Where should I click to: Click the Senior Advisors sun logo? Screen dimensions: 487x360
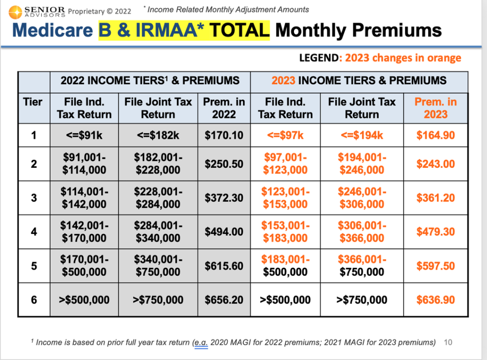coord(15,12)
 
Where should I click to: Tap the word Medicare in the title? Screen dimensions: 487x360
coord(52,30)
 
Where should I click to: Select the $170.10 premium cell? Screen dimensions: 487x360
coord(224,135)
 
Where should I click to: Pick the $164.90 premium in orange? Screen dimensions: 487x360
coord(436,135)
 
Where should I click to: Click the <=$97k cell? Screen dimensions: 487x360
coord(285,135)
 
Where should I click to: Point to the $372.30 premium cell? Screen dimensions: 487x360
coord(224,198)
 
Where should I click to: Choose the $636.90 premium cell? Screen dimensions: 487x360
coord(436,300)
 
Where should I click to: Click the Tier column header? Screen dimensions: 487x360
coord(33,102)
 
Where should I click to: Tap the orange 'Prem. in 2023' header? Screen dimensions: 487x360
coord(436,108)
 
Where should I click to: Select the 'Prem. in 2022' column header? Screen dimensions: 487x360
coord(224,108)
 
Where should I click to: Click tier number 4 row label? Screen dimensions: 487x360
coord(34,232)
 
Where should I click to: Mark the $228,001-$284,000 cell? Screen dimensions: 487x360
coord(158,198)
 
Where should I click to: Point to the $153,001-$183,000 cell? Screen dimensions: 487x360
coord(285,232)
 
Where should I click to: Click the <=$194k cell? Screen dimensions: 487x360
coord(362,135)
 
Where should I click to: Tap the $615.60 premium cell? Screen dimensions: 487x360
coord(224,266)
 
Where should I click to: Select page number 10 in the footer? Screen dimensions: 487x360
coord(448,342)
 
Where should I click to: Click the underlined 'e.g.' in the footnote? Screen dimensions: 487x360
coord(201,342)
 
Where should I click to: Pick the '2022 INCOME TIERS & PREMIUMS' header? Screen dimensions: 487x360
coord(150,80)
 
